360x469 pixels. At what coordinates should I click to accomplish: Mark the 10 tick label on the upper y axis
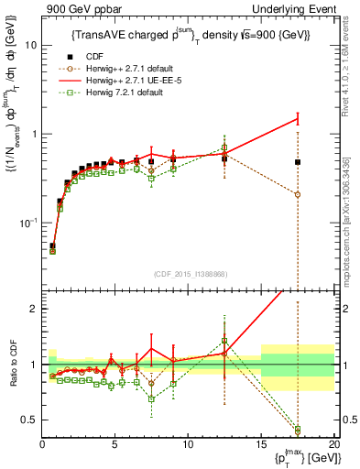click(x=30, y=45)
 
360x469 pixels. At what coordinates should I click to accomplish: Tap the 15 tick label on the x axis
click(x=261, y=443)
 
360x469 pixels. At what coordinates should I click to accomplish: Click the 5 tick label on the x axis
click(x=115, y=443)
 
